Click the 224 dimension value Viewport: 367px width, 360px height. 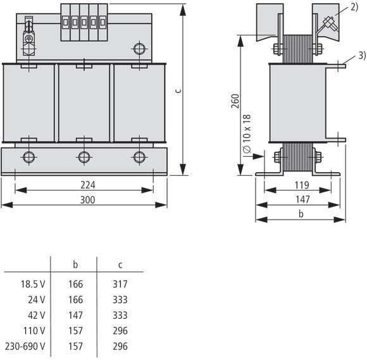tap(88, 185)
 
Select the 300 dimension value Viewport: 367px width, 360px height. tap(87, 200)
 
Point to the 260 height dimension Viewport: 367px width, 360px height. tap(235, 101)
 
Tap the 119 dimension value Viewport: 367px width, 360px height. tap(302, 185)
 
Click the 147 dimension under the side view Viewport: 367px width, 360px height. tap(302, 199)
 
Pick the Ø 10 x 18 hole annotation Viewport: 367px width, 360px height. tap(247, 133)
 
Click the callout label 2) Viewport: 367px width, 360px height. tap(354, 7)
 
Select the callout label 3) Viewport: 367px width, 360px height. tap(363, 56)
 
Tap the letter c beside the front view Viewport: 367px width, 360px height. tap(178, 90)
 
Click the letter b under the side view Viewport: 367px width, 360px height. tap(301, 214)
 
